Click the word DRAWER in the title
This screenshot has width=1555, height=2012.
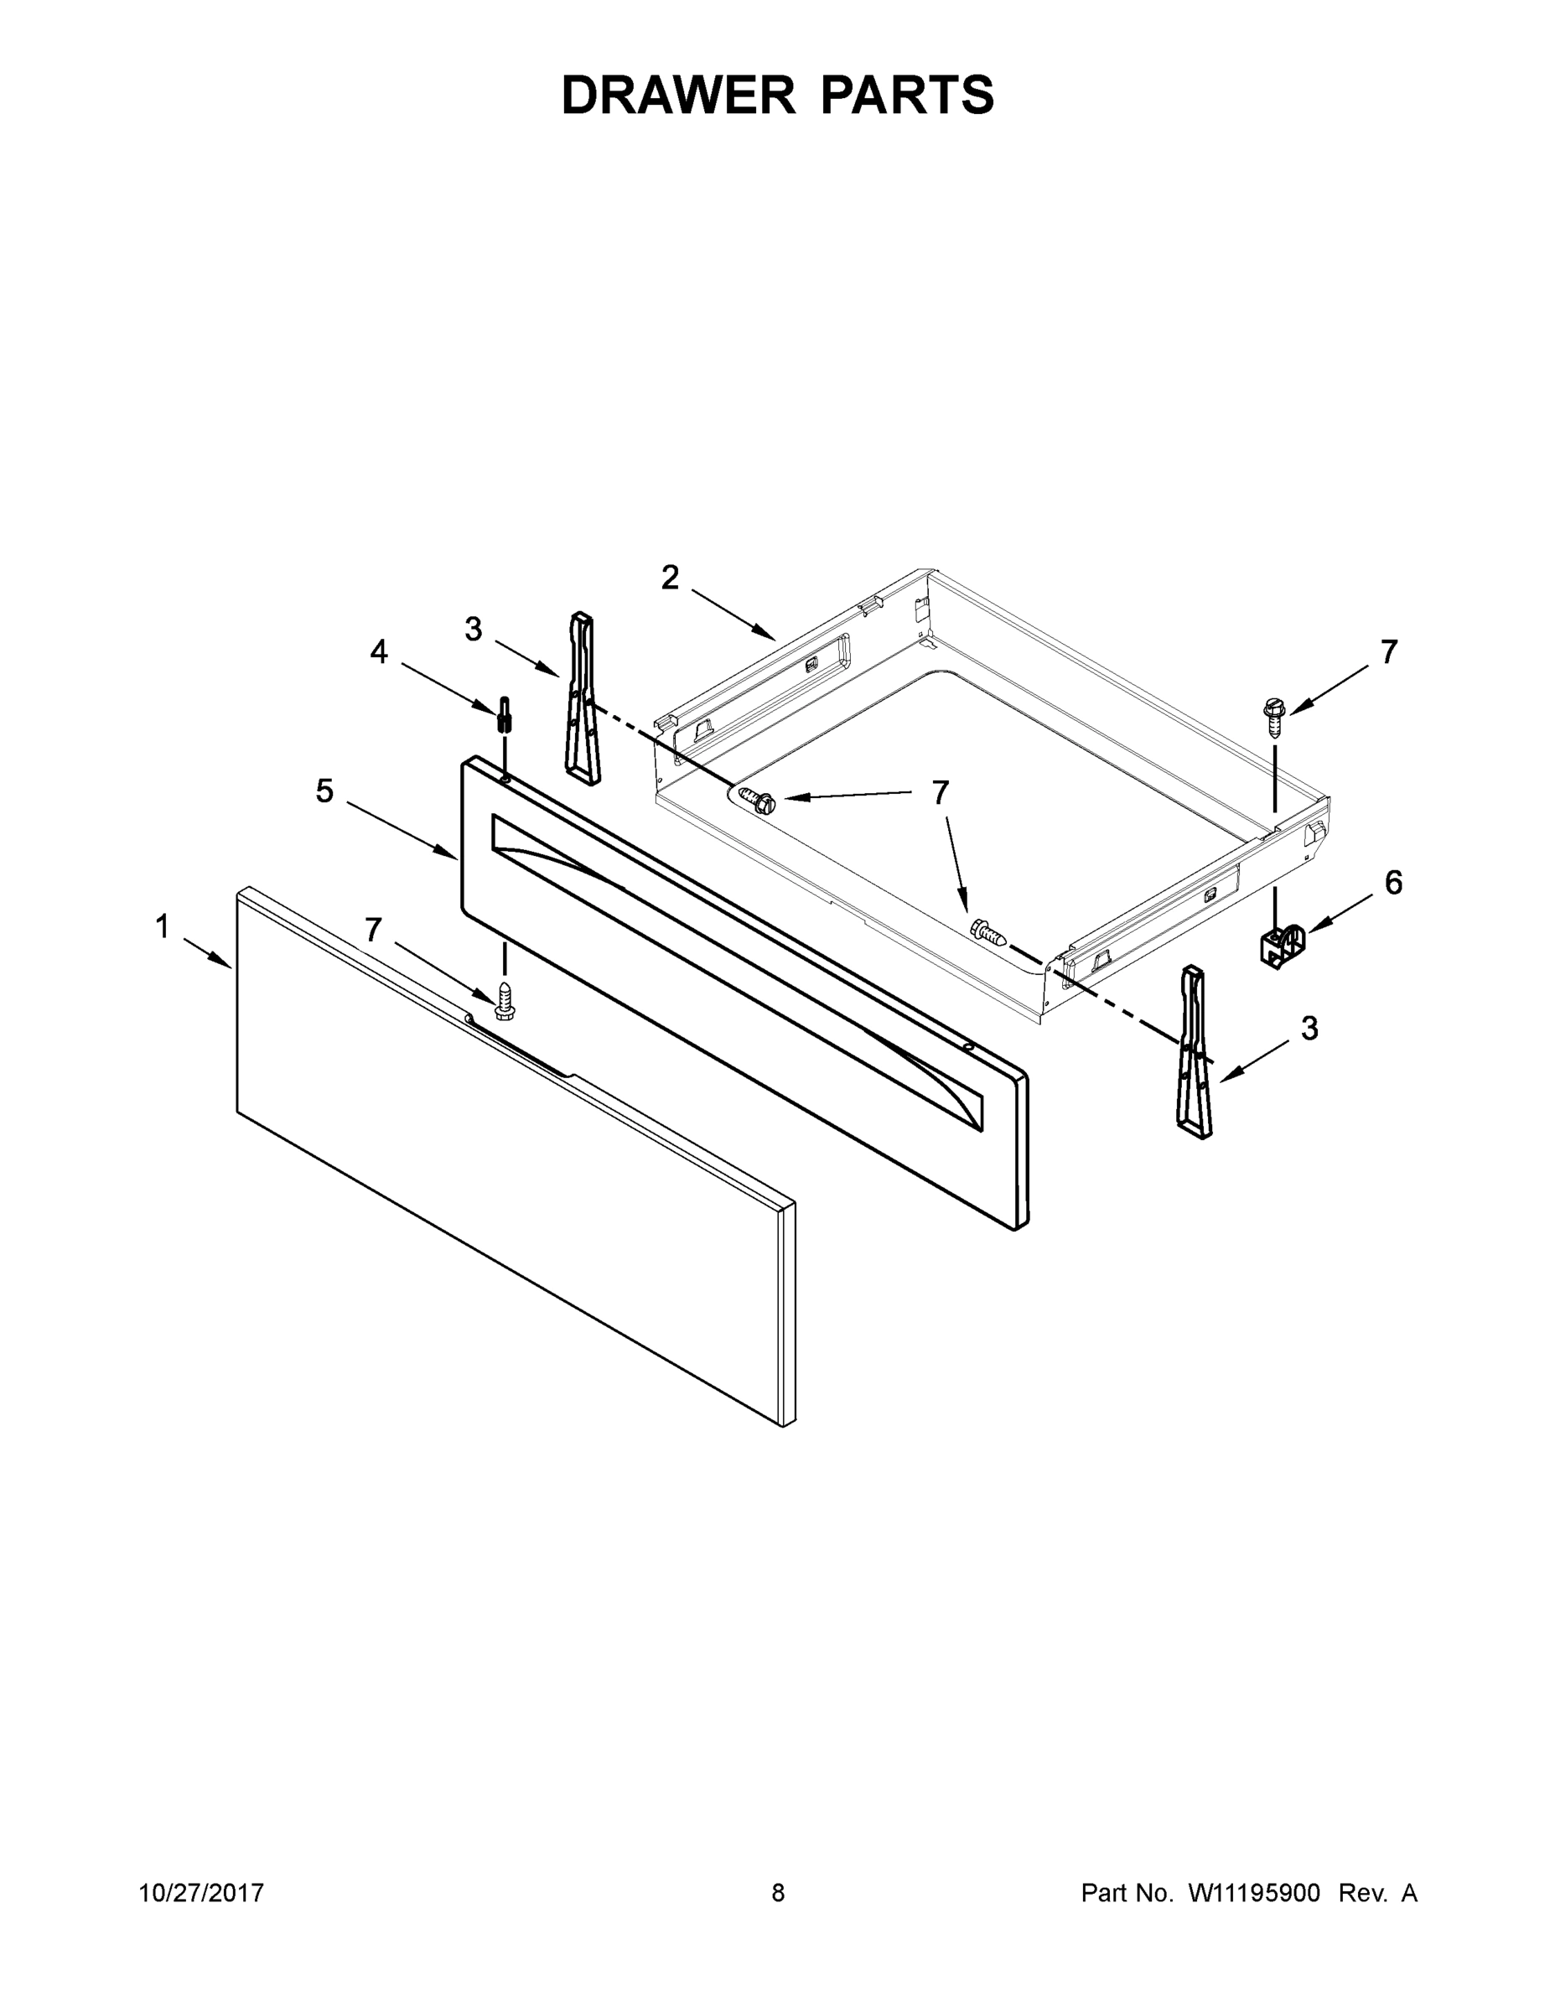pyautogui.click(x=678, y=95)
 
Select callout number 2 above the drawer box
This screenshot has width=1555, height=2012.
pyautogui.click(x=670, y=578)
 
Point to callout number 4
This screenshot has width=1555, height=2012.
pyautogui.click(x=380, y=652)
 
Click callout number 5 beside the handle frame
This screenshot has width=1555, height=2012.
pyautogui.click(x=324, y=791)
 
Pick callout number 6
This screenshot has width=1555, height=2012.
pyautogui.click(x=1393, y=883)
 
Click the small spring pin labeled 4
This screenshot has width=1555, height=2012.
pyautogui.click(x=504, y=713)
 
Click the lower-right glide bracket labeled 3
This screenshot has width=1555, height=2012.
pyautogui.click(x=1193, y=1051)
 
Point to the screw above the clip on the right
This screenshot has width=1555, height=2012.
pyautogui.click(x=1274, y=718)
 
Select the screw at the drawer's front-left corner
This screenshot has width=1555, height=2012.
pyautogui.click(x=757, y=800)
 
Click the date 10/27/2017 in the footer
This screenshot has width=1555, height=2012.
pyautogui.click(x=202, y=1893)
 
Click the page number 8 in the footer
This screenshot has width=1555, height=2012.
pyautogui.click(x=778, y=1893)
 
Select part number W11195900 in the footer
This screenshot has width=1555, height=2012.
pyautogui.click(x=1254, y=1893)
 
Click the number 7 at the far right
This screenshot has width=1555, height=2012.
pyautogui.click(x=1389, y=652)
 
